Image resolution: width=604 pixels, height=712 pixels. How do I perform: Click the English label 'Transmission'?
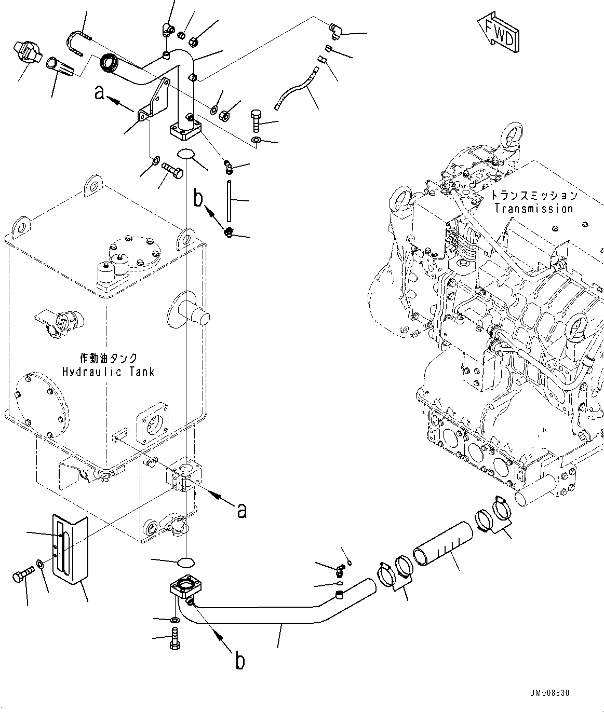533,209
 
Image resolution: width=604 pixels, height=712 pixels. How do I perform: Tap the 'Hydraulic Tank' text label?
108,372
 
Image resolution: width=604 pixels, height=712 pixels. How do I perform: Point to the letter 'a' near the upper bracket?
100,93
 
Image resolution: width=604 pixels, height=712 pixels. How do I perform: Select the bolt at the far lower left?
22,574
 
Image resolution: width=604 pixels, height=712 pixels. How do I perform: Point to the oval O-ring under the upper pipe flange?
186,154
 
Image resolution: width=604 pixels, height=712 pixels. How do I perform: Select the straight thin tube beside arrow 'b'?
228,200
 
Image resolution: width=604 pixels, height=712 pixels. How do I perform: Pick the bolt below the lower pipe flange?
174,638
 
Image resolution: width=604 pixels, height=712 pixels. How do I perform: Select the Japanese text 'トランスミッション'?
533,196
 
